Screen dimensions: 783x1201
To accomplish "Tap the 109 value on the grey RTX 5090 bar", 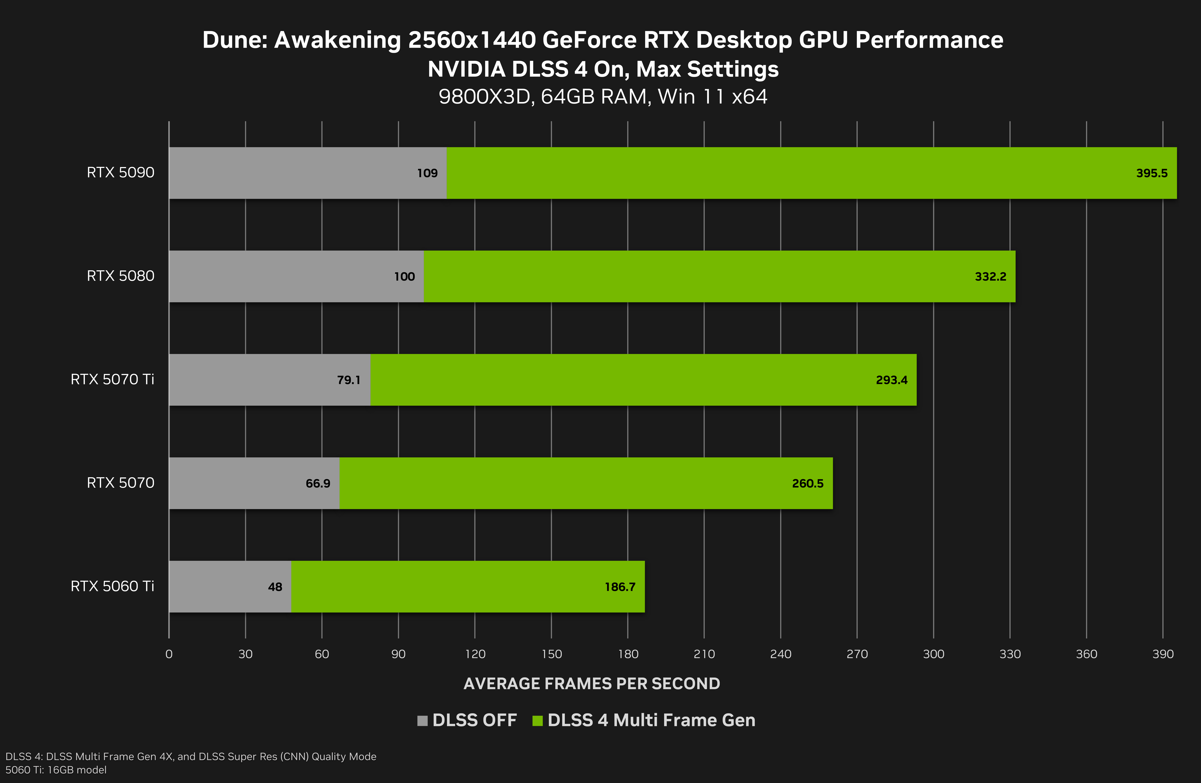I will pos(427,173).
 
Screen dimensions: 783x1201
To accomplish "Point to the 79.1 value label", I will pos(349,380).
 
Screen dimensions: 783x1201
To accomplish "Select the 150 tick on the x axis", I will pos(551,654).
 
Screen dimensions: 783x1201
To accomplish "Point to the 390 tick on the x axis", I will pos(1163,654).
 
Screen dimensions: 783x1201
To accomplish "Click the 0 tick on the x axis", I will pos(169,654).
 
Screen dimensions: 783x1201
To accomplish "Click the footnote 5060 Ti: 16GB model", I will pos(56,770).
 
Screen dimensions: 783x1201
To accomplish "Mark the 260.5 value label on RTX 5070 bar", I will pos(807,484).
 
